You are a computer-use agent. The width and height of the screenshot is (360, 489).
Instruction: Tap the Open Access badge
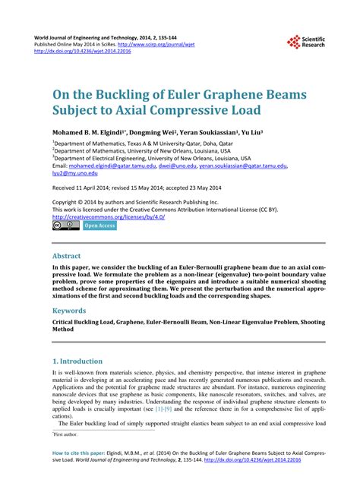coord(99,226)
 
